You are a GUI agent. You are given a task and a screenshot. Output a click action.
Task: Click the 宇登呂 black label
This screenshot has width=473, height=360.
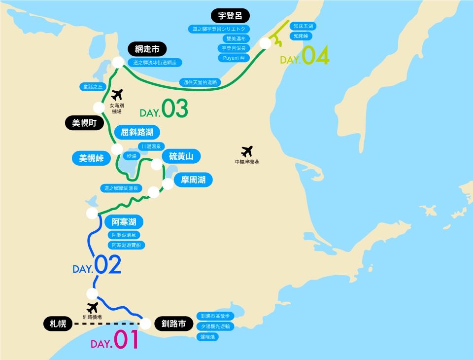tap(230, 15)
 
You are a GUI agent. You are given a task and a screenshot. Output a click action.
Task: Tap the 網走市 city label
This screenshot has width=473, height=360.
tap(147, 49)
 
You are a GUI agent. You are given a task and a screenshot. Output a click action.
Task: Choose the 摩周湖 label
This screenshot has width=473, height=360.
tap(193, 180)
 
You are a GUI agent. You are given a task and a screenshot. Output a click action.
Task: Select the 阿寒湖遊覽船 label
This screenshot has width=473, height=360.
tap(126, 245)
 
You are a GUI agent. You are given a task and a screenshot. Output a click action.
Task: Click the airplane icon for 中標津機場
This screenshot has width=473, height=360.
tap(246, 151)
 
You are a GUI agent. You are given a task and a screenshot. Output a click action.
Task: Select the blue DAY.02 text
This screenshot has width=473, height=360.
tap(97, 266)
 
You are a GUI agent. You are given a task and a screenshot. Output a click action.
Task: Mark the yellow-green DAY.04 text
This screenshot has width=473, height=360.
tap(304, 56)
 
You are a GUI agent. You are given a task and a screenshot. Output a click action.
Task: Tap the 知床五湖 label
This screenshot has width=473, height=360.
tap(301, 26)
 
